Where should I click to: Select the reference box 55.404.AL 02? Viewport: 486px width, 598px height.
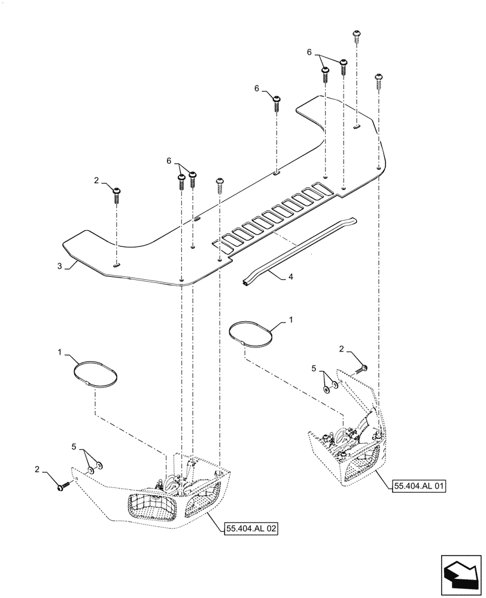click(251, 529)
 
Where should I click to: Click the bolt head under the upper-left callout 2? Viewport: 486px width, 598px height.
click(117, 192)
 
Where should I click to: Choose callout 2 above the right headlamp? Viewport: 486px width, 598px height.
click(341, 349)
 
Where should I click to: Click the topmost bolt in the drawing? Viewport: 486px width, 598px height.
click(357, 33)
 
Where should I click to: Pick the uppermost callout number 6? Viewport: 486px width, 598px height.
click(310, 53)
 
